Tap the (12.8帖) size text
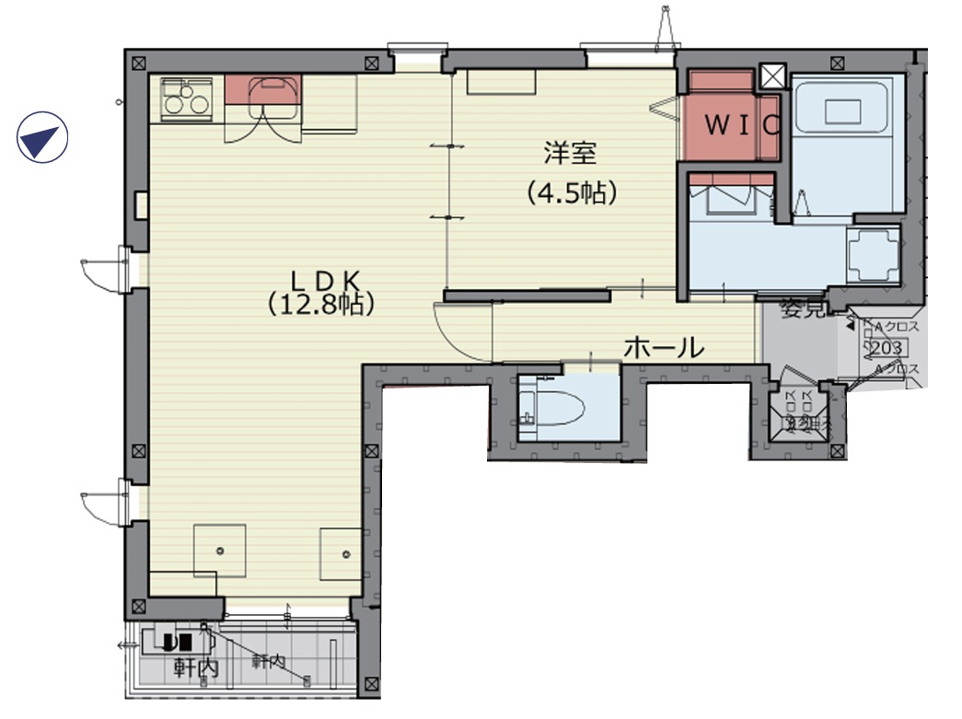(x=320, y=305)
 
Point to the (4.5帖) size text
(x=571, y=192)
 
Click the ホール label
(x=664, y=347)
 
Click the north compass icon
(x=42, y=138)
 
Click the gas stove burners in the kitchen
(x=187, y=99)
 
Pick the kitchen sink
(x=274, y=94)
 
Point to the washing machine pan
(x=873, y=254)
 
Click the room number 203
(x=885, y=348)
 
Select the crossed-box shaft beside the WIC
(x=770, y=77)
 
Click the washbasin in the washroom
(x=732, y=196)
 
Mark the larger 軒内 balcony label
(x=194, y=669)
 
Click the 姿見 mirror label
(x=800, y=309)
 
